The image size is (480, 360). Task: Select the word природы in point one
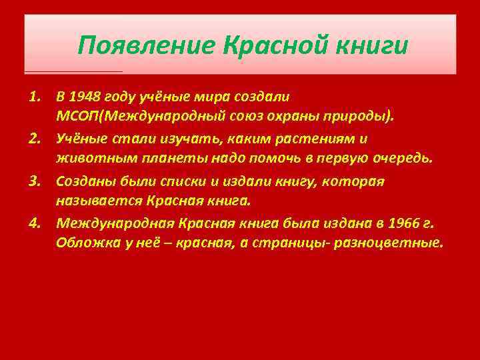click(364, 117)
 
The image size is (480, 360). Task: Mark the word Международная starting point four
click(107, 223)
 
